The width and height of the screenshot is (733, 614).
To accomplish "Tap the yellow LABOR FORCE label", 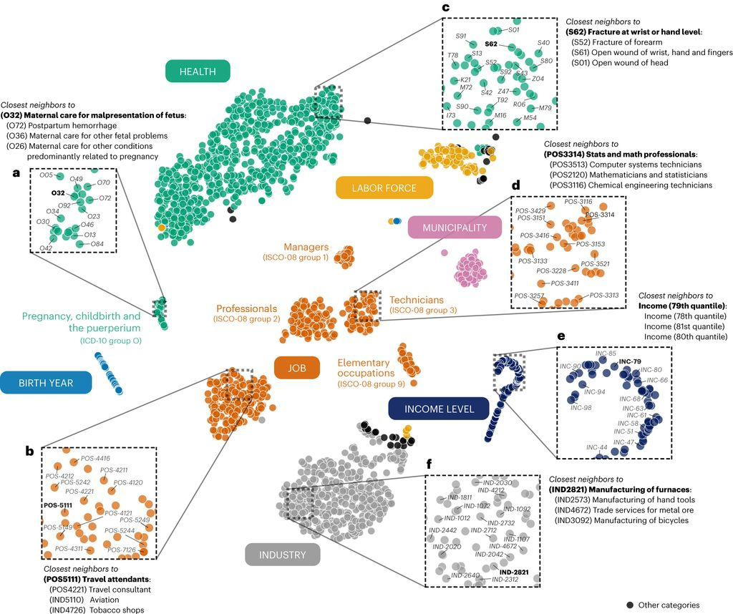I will (x=384, y=188).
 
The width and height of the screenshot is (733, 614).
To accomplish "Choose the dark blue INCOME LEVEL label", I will (x=439, y=409).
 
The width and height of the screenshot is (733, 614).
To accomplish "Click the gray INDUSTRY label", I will (x=282, y=555).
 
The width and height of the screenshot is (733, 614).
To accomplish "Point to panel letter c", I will (x=445, y=8).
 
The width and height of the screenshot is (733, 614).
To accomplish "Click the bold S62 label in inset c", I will (x=491, y=44).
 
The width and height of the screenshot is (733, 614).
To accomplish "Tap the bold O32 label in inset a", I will (x=58, y=193).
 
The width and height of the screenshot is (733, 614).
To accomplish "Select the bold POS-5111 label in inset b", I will (x=58, y=505).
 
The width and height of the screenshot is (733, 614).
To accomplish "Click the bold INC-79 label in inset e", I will (x=629, y=361).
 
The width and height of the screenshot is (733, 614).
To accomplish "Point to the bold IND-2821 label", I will (x=514, y=572).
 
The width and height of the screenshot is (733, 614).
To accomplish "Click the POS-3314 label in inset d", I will (x=600, y=214).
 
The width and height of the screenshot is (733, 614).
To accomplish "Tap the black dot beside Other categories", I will (x=629, y=605).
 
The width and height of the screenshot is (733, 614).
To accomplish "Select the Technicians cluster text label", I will (x=417, y=300).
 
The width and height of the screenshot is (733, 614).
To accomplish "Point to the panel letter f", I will (x=429, y=464).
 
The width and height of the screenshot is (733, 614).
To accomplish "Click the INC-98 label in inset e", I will (x=581, y=408).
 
